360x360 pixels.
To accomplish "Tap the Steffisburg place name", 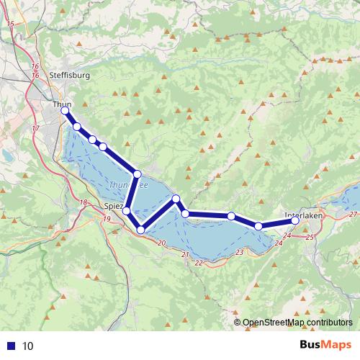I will click(69, 75).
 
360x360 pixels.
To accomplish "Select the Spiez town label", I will click(113, 206).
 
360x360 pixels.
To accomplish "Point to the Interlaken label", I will click(303, 215).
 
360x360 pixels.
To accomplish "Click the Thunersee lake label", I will click(128, 186).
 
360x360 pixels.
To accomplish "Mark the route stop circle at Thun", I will click(65, 112).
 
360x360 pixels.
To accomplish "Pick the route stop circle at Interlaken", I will click(295, 222).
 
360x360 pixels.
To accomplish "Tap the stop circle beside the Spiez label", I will click(127, 211).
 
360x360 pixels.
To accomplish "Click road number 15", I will click(10, 24).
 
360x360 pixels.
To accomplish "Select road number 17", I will click(36, 128).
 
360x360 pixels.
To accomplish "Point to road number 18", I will click(85, 202).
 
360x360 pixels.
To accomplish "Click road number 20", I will click(161, 243).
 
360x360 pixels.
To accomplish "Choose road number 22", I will click(198, 263).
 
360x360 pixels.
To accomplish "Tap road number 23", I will click(239, 252).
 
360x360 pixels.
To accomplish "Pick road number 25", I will click(310, 237).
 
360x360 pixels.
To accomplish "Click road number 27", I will click(352, 215).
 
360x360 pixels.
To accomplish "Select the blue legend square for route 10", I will click(12, 345).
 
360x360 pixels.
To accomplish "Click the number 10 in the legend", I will click(28, 345).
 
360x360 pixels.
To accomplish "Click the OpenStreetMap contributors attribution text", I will click(294, 322).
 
